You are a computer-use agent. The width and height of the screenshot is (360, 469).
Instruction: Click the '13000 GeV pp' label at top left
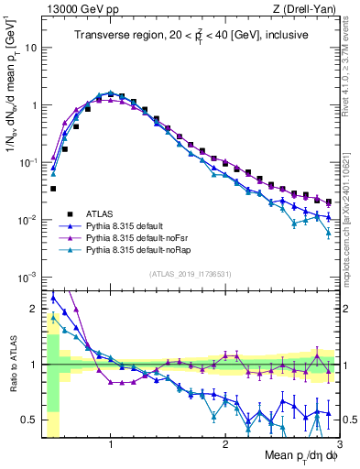(x=76, y=7)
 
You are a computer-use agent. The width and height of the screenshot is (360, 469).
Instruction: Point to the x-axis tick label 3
(x=339, y=444)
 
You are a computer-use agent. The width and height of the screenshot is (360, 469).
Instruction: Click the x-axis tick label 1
(x=111, y=444)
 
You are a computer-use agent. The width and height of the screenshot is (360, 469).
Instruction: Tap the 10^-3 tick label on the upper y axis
(x=29, y=277)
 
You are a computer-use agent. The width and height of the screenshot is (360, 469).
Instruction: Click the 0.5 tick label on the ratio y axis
(x=29, y=420)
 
